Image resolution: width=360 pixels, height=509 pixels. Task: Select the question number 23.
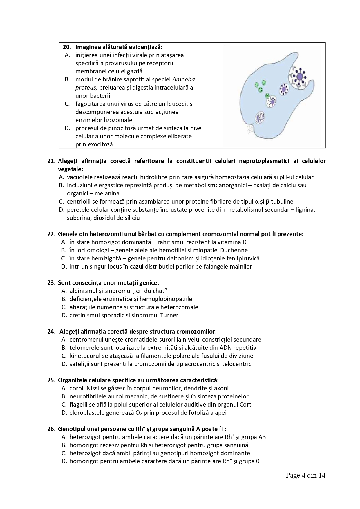click(x=51, y=283)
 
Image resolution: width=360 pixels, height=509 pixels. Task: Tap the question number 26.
click(x=51, y=429)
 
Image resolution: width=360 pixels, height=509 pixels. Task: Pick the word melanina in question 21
click(x=108, y=193)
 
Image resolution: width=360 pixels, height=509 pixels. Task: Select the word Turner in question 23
click(x=169, y=315)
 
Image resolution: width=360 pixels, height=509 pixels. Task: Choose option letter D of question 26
click(x=64, y=461)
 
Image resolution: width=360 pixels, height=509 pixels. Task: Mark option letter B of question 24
click(x=64, y=348)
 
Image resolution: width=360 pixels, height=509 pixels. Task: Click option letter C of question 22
click(x=64, y=258)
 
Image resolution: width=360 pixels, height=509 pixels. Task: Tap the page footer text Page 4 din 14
click(x=305, y=475)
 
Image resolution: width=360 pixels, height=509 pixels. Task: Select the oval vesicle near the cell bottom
click(x=260, y=118)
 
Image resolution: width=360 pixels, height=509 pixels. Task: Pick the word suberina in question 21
click(x=78, y=218)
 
